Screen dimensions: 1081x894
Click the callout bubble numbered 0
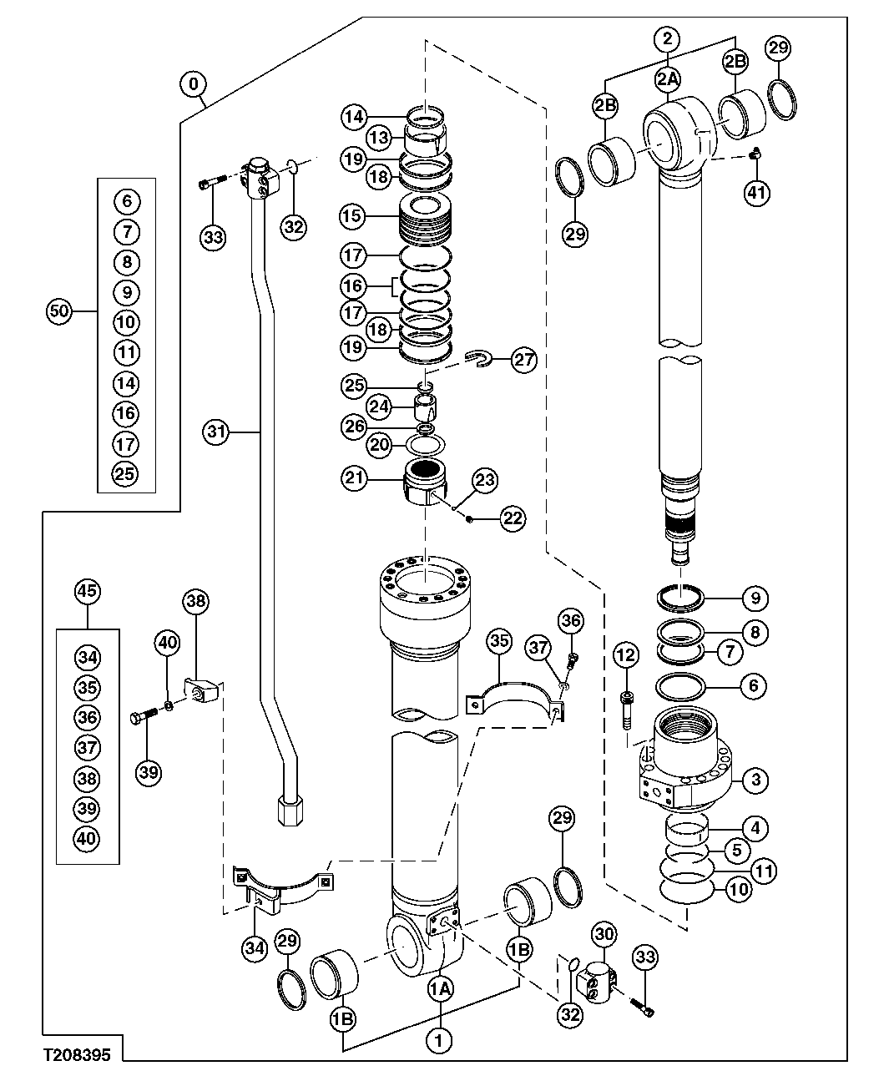[194, 84]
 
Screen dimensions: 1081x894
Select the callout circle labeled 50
[58, 311]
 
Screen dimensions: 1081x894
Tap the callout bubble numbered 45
[88, 592]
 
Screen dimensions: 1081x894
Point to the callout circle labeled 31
[217, 432]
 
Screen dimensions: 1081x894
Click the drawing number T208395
[77, 1054]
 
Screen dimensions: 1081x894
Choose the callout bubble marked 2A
[668, 78]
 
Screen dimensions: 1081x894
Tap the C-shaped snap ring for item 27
[475, 358]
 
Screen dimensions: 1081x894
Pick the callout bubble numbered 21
[354, 477]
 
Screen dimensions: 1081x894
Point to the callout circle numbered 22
[513, 518]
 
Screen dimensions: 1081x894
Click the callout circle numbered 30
[605, 935]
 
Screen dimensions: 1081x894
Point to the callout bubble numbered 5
[735, 851]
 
